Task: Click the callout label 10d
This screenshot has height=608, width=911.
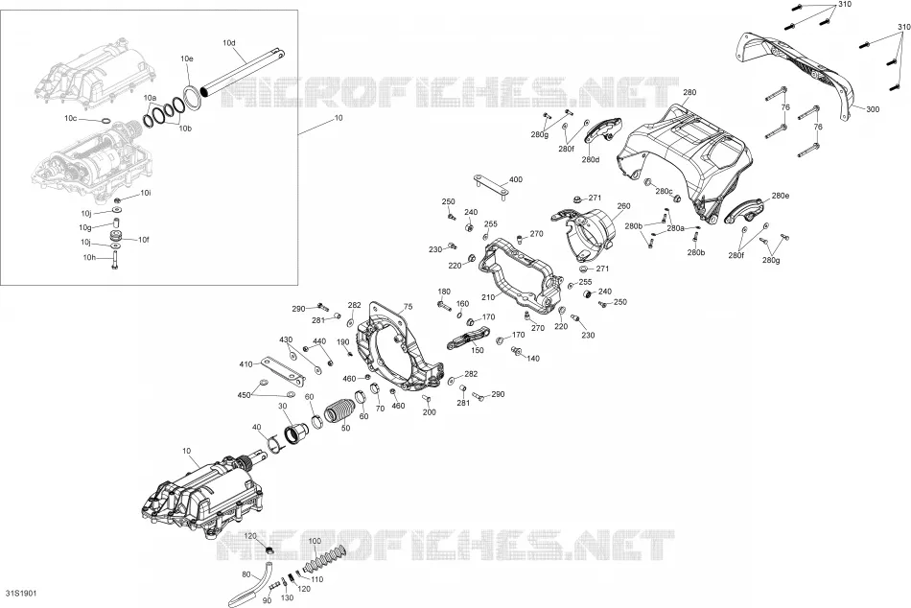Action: [229, 43]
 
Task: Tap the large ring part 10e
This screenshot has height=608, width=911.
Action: [191, 96]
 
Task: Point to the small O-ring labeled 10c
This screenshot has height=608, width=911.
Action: [105, 121]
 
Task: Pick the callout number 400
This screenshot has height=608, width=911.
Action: [515, 179]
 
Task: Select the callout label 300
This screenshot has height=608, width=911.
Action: [873, 109]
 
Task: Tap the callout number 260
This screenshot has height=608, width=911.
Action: [623, 206]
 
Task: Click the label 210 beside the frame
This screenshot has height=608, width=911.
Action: [488, 297]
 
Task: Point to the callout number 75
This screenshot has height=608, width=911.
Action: [408, 306]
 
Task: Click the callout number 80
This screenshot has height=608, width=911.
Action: [246, 574]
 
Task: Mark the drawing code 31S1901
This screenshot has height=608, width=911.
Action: [21, 594]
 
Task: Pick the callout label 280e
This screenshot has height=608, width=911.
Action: [781, 196]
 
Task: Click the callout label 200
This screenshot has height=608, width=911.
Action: [430, 412]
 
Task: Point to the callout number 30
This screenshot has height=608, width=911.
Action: [283, 406]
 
